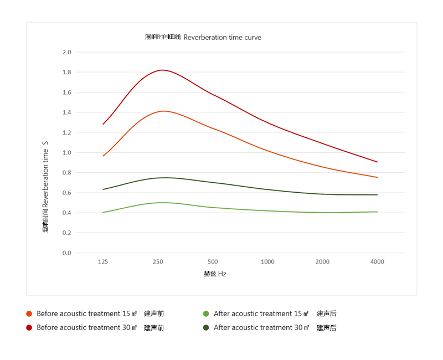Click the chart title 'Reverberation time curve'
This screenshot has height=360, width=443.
coord(222,37)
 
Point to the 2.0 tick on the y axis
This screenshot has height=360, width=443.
coord(66,52)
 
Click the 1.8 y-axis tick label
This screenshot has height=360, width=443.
coord(66,72)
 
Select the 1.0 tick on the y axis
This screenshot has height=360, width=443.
coord(66,152)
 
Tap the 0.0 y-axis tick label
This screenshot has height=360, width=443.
coord(66,253)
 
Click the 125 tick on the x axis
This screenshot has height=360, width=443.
coord(103,261)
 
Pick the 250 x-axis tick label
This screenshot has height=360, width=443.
coord(158,261)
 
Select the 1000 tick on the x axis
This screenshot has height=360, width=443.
coord(267,261)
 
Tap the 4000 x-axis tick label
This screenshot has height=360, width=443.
coord(377,261)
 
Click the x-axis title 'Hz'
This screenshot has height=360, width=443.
coord(222,274)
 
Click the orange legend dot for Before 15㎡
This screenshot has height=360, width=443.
coord(29,313)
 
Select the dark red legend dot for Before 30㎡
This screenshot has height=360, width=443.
coord(29,327)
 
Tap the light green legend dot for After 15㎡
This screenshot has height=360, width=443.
coord(206,313)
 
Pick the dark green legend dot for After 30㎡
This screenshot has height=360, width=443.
coord(206,327)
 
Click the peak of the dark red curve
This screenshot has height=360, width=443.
coord(162,70)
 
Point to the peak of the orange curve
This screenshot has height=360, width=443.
coord(163,111)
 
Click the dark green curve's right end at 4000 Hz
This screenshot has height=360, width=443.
coord(377,195)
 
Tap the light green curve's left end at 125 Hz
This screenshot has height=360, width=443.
coord(103,212)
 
